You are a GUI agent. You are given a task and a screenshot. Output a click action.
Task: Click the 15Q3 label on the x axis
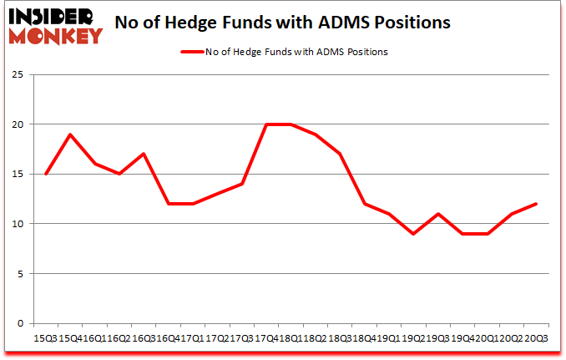point(45,337)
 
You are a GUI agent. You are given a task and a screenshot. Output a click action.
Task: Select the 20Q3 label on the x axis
point(535,337)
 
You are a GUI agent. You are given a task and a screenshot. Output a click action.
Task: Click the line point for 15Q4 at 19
point(70,134)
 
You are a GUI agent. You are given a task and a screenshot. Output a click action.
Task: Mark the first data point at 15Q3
point(46,174)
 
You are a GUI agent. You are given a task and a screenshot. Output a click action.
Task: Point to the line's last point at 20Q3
point(535,204)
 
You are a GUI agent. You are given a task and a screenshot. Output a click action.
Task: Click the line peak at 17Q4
point(266,124)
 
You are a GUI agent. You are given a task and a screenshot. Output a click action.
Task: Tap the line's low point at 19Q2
point(413,234)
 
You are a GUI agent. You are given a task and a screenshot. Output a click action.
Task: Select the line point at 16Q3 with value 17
point(144,154)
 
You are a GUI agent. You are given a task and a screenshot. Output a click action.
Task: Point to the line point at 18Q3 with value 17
point(340,154)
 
